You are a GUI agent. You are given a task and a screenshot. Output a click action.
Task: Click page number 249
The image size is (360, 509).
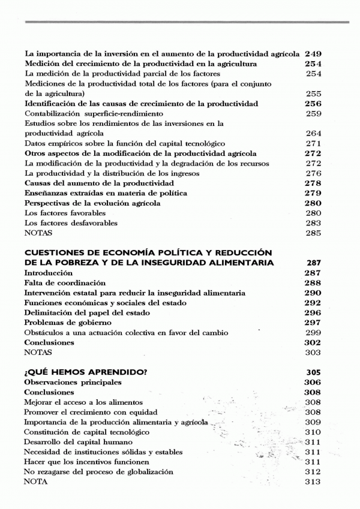tap(313, 54)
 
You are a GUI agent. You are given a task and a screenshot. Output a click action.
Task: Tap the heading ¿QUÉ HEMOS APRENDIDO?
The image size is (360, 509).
tap(86, 372)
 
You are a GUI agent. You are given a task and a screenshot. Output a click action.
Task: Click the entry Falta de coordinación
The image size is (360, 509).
tap(65, 282)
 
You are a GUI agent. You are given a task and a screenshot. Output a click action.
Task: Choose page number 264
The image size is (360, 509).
tap(313, 134)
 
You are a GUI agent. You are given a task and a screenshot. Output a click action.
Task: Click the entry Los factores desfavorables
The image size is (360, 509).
tap(71, 223)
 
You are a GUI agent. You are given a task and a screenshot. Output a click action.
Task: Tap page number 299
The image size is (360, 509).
tap(313, 333)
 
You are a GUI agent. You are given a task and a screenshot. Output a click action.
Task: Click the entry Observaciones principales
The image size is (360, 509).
tap(73, 382)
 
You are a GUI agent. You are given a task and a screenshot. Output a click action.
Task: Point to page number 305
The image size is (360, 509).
tap(313, 372)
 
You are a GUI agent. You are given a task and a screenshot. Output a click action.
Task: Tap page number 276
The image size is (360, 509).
tap(313, 173)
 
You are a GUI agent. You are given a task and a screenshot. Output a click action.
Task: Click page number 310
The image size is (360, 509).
tap(313, 432)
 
